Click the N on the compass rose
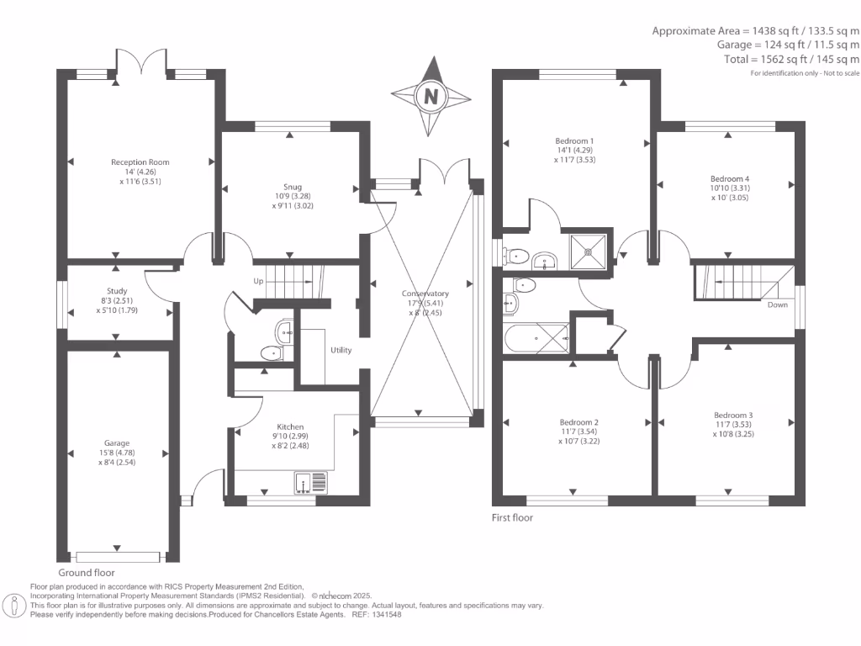coord(431,97)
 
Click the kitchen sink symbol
coord(311,483)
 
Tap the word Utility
coord(341,350)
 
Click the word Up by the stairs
coord(258,281)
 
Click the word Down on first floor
coord(778,304)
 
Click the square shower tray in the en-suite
coord(588,252)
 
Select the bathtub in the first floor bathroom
coord(536,338)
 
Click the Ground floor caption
coord(87,572)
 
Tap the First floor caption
coord(512,517)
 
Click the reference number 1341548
coord(387,615)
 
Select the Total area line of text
coord(791,60)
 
